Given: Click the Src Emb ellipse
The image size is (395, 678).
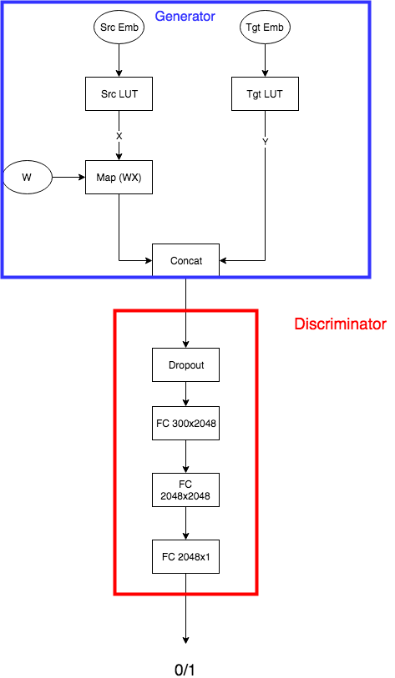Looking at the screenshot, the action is pyautogui.click(x=119, y=28).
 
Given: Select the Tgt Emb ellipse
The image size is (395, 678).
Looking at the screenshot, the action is pyautogui.click(x=265, y=28).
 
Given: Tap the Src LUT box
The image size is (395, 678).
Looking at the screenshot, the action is pyautogui.click(x=119, y=94).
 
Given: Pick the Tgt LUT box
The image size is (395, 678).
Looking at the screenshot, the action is pyautogui.click(x=265, y=94).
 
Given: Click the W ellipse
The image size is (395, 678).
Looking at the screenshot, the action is pyautogui.click(x=28, y=178).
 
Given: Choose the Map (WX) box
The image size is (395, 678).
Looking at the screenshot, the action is pyautogui.click(x=119, y=178).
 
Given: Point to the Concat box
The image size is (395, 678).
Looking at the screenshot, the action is pyautogui.click(x=185, y=260).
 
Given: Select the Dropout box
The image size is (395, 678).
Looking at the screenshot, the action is pyautogui.click(x=185, y=365).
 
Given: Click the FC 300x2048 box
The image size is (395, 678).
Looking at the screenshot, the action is pyautogui.click(x=185, y=424).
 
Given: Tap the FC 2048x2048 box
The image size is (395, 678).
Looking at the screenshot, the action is pyautogui.click(x=185, y=490).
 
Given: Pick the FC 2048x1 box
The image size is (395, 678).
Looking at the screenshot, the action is pyautogui.click(x=185, y=556).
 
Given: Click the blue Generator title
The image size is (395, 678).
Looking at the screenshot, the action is pyautogui.click(x=185, y=17).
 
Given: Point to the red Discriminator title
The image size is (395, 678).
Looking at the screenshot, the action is pyautogui.click(x=340, y=324).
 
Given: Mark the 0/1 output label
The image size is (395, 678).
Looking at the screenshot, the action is pyautogui.click(x=185, y=670).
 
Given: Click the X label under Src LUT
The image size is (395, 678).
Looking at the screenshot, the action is pyautogui.click(x=119, y=136).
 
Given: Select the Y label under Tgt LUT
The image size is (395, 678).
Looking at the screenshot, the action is pyautogui.click(x=265, y=142).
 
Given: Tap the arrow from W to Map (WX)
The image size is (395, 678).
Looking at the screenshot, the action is pyautogui.click(x=68, y=178).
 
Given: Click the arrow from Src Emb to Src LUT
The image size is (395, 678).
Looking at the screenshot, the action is pyautogui.click(x=119, y=61).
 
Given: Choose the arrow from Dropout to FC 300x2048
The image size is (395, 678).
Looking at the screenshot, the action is pyautogui.click(x=185, y=394).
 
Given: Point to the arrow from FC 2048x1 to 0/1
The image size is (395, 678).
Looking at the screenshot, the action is pyautogui.click(x=185, y=609).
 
